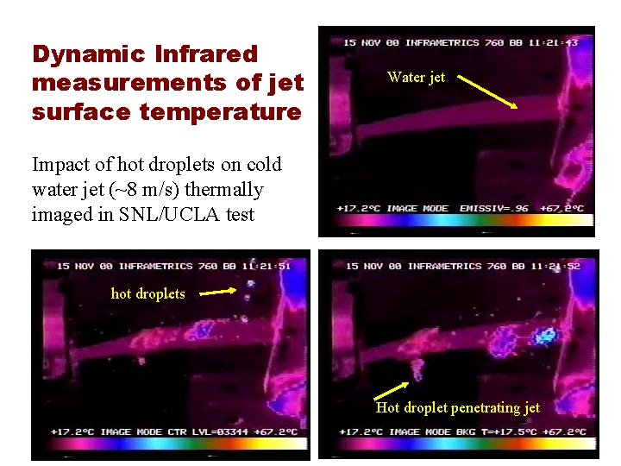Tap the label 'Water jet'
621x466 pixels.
click(417, 77)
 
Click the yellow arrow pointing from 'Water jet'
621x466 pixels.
click(486, 91)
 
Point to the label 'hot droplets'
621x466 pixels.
click(147, 293)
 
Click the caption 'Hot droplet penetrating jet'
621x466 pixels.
click(458, 407)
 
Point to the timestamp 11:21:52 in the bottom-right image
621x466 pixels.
click(559, 266)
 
